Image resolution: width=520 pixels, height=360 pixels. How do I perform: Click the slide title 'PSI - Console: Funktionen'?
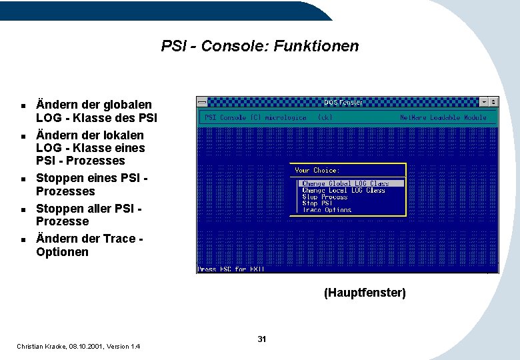pyautogui.click(x=260, y=46)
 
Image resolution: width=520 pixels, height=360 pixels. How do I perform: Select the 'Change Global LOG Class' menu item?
pyautogui.click(x=345, y=183)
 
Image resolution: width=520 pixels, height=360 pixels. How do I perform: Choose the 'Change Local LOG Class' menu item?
pyautogui.click(x=343, y=190)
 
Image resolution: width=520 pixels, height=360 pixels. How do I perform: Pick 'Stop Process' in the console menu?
pyautogui.click(x=325, y=197)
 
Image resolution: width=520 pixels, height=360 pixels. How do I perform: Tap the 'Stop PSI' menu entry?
pyautogui.click(x=317, y=203)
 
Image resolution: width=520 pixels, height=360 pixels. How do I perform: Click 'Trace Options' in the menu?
pyautogui.click(x=327, y=210)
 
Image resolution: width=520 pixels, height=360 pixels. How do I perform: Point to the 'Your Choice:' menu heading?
pyautogui.click(x=317, y=171)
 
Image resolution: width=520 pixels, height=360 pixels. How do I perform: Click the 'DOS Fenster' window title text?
pyautogui.click(x=343, y=102)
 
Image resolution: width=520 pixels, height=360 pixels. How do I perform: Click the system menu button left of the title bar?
pyautogui.click(x=201, y=102)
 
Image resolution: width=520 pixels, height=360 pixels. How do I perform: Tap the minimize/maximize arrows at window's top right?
pyautogui.click(x=489, y=102)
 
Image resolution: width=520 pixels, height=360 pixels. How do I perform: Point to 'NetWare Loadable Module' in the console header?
pyautogui.click(x=443, y=118)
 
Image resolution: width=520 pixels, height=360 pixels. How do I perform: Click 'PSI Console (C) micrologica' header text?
pyautogui.click(x=255, y=118)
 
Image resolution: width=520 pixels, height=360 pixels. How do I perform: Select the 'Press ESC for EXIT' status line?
pyautogui.click(x=231, y=269)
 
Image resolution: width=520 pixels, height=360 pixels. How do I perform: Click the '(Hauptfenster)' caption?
pyautogui.click(x=365, y=293)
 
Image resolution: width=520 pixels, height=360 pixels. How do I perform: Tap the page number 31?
pyautogui.click(x=262, y=339)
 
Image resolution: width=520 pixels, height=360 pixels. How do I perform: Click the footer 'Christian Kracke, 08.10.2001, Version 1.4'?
pyautogui.click(x=79, y=345)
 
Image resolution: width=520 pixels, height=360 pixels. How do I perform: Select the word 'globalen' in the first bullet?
pyautogui.click(x=127, y=105)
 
